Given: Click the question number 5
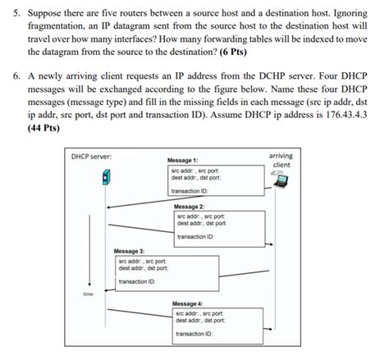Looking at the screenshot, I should (10, 14).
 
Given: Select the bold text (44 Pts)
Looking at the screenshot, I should (45, 128).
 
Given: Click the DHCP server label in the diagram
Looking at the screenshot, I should (92, 156).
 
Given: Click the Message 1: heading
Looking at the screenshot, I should (182, 160).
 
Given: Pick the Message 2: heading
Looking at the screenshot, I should (190, 207).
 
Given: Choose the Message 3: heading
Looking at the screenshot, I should (130, 250).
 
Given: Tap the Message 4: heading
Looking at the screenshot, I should (188, 303).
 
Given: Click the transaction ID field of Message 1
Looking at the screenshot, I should (188, 191).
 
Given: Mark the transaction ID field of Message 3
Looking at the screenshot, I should (136, 281).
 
